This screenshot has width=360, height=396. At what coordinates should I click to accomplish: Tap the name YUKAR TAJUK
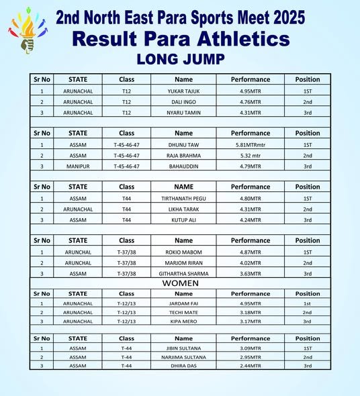pos(183,91)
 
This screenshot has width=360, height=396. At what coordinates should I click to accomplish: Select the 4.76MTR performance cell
pos(251,101)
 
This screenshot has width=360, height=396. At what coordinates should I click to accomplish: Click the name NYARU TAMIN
pos(183,113)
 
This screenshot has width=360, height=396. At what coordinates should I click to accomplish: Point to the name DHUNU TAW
pos(183,144)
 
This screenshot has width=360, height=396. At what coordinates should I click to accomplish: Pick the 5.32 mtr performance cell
pos(251,155)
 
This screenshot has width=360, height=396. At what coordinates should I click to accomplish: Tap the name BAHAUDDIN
pos(183,166)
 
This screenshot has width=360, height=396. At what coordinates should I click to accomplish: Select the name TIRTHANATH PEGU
pos(183,198)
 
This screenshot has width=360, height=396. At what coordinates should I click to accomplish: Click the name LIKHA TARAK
pos(183,209)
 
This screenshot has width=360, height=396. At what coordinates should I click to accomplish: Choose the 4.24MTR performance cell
pos(251,219)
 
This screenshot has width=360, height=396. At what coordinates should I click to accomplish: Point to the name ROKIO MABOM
pos(183,252)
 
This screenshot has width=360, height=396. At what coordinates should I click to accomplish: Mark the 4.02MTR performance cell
pos(251,262)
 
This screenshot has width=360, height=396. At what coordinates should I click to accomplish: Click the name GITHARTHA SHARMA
pos(183,273)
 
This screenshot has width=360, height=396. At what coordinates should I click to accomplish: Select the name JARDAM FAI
pos(183,303)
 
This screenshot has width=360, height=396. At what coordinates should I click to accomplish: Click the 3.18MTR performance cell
pos(251,312)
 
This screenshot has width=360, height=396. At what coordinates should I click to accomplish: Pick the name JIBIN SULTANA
pos(183,348)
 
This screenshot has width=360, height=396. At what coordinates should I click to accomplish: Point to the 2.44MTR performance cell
pos(251,366)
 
